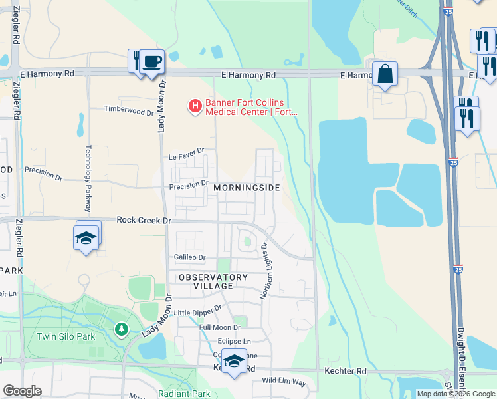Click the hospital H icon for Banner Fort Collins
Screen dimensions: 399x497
pyautogui.click(x=195, y=106)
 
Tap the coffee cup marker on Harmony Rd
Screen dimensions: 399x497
pyautogui.click(x=151, y=62)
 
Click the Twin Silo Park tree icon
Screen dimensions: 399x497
pyautogui.click(x=121, y=329)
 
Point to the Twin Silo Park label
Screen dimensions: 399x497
pyautogui.click(x=66, y=336)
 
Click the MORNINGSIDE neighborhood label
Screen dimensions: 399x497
pyautogui.click(x=247, y=188)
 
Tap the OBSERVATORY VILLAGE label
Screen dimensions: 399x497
pyautogui.click(x=213, y=281)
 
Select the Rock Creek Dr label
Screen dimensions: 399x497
pyautogui.click(x=144, y=219)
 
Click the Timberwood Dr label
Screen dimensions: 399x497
pyautogui.click(x=129, y=111)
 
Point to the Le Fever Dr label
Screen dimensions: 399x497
pyautogui.click(x=186, y=156)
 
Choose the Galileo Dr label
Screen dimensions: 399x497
pyautogui.click(x=189, y=257)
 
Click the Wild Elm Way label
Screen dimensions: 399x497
pyautogui.click(x=284, y=382)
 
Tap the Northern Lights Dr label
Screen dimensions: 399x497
pyautogui.click(x=265, y=270)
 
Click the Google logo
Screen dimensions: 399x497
pyautogui.click(x=22, y=391)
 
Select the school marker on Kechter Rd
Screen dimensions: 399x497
pyautogui.click(x=233, y=361)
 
